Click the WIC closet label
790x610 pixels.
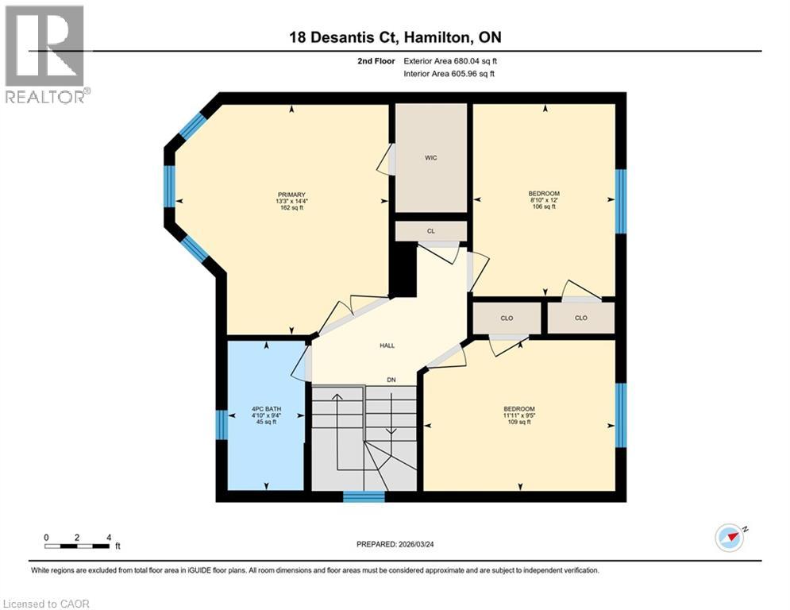click(431, 158)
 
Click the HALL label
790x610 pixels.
click(387, 346)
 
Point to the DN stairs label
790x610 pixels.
click(391, 380)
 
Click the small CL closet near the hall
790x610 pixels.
click(431, 230)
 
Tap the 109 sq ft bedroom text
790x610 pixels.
click(519, 422)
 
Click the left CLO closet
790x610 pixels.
click(507, 318)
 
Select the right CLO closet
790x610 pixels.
click(580, 318)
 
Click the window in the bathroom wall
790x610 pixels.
click(222, 424)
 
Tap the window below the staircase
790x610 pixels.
click(364, 497)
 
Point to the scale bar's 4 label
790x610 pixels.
click(108, 537)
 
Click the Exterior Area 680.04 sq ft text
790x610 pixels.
click(450, 60)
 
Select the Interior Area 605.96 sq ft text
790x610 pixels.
click(449, 74)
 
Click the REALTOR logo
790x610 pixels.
click(44, 54)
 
